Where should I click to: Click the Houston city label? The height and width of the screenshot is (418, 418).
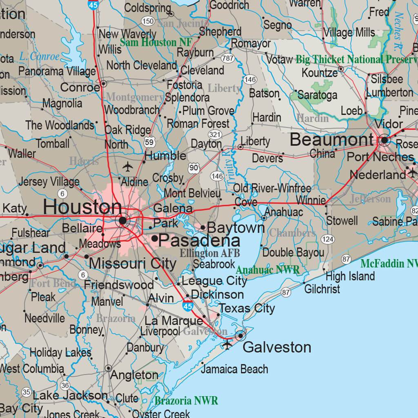click(x=82, y=207)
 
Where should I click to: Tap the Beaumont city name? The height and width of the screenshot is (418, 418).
click(x=331, y=140)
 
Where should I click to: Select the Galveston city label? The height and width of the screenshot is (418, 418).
click(x=277, y=347)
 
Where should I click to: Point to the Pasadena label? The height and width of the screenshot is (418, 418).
click(x=199, y=240)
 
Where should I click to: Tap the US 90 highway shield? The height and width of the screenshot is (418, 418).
click(x=194, y=167)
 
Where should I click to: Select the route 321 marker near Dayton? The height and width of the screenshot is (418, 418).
click(x=214, y=134)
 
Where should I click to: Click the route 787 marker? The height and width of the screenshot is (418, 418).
click(x=227, y=58)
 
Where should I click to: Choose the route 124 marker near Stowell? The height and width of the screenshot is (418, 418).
click(x=327, y=239)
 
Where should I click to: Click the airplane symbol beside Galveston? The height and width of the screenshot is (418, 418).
click(x=227, y=345)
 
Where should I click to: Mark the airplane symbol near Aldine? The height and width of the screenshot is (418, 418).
click(x=128, y=167)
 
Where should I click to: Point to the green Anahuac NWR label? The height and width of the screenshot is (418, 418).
click(x=268, y=270)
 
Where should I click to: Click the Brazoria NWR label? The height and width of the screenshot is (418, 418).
click(x=186, y=400)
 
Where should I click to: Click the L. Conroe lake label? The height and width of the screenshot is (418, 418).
click(x=39, y=57)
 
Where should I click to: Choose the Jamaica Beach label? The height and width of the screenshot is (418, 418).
click(x=234, y=369)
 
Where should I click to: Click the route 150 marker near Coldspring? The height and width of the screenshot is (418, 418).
click(x=148, y=21)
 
